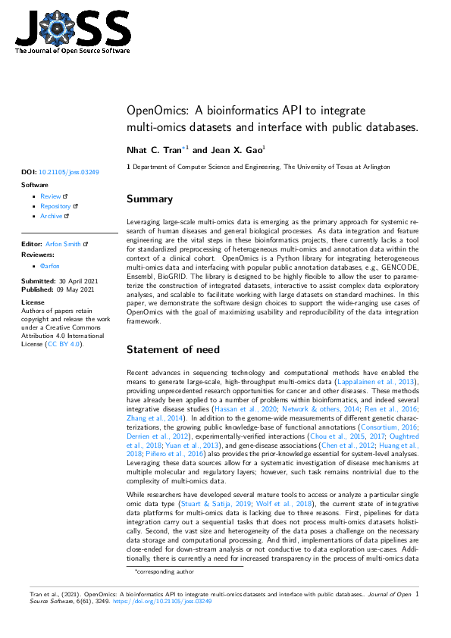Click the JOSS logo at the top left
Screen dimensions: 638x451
coord(73,31)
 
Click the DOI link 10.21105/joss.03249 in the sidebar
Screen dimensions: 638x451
coord(68,172)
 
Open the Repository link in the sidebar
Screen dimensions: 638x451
coord(55,206)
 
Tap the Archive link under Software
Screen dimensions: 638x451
coord(52,216)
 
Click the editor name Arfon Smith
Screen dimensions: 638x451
coord(64,245)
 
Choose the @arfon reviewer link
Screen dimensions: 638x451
coord(50,267)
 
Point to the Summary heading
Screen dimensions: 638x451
coord(149,199)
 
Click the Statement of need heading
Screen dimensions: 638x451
coord(173,349)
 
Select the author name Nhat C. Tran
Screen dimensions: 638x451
coord(155,151)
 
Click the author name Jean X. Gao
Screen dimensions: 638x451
coord(232,151)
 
